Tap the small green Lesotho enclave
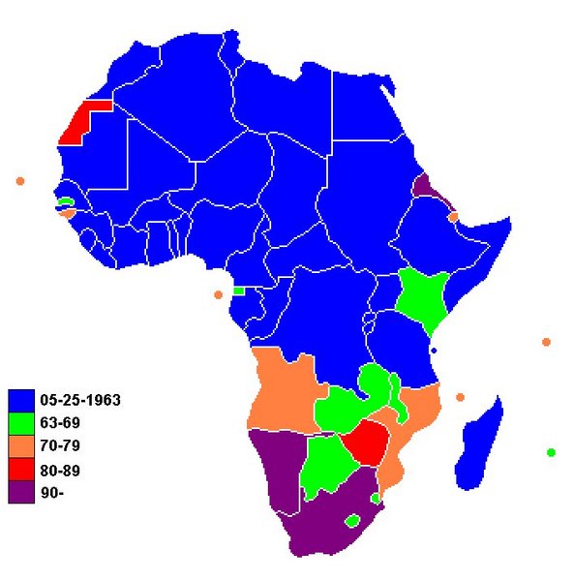[353, 521]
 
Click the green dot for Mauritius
[551, 452]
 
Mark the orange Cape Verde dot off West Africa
[19, 181]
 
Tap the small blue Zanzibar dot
[434, 350]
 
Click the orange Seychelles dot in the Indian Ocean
[547, 342]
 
